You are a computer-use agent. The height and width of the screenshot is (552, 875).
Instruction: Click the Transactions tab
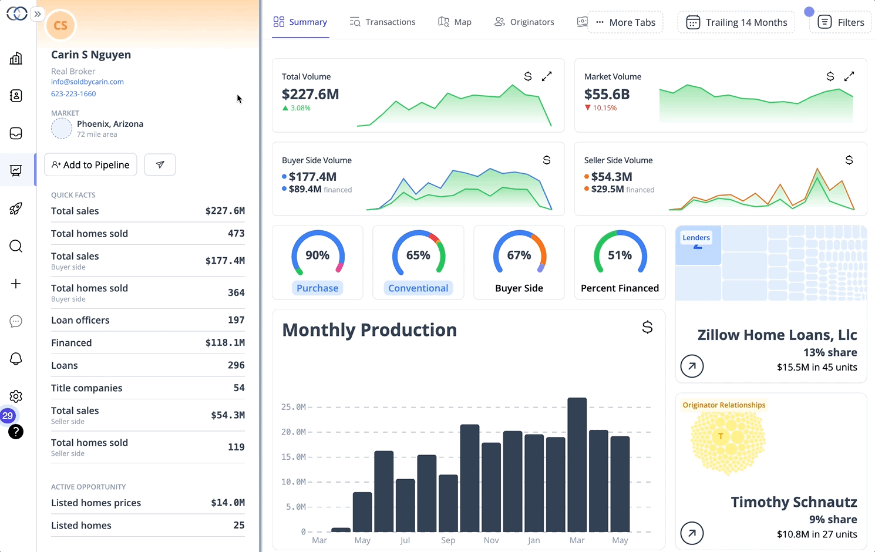382,22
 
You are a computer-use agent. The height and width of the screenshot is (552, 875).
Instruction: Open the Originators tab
524,22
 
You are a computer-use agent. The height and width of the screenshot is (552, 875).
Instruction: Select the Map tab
455,22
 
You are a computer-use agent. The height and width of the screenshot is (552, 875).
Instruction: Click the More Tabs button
625,22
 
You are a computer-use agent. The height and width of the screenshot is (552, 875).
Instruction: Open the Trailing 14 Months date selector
736,22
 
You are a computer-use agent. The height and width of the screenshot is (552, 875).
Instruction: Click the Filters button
840,22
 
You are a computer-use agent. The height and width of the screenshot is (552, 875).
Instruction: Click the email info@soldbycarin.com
87,82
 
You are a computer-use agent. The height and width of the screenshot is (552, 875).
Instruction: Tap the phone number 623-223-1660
73,94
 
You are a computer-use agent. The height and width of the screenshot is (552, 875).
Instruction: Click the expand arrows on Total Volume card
547,76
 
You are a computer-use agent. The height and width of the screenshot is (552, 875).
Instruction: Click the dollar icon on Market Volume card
830,76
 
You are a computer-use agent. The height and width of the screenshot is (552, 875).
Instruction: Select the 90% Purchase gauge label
317,288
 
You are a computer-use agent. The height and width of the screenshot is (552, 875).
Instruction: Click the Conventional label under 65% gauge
418,288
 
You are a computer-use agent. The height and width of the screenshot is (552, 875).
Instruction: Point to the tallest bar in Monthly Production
577,464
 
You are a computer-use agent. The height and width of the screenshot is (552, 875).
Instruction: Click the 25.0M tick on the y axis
293,407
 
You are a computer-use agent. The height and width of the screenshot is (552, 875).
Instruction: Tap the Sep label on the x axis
448,540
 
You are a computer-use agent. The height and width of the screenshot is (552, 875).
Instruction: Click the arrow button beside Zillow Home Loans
692,366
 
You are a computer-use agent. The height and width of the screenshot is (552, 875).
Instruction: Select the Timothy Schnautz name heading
793,502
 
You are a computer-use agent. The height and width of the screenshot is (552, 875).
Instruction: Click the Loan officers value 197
236,320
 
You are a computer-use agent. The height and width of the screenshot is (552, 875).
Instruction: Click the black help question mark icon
16,432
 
